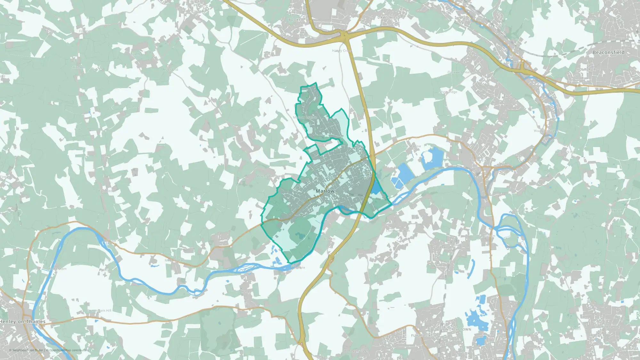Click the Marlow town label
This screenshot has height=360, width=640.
click(325, 191)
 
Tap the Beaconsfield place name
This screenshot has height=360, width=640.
click(608, 52)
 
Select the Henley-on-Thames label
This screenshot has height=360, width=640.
click(23, 322)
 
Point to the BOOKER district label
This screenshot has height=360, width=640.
click(296, 20)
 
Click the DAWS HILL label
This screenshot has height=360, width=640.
click(388, 18)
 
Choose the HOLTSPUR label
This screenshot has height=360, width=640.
click(586, 69)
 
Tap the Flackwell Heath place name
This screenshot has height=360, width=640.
click(460, 72)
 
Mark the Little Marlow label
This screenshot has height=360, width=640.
click(411, 146)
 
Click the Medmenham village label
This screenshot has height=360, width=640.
click(175, 260)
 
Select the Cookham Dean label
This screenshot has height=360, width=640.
click(398, 231)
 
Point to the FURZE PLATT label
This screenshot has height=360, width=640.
click(423, 335)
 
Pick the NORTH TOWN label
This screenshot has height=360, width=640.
click(459, 329)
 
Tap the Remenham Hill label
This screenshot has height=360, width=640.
click(99, 311)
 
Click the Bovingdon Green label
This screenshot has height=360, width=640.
click(271, 176)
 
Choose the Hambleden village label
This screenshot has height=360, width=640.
click(107, 191)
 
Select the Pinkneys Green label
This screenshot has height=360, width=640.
click(356, 351)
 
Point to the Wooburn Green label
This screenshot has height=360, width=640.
click(546, 131)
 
